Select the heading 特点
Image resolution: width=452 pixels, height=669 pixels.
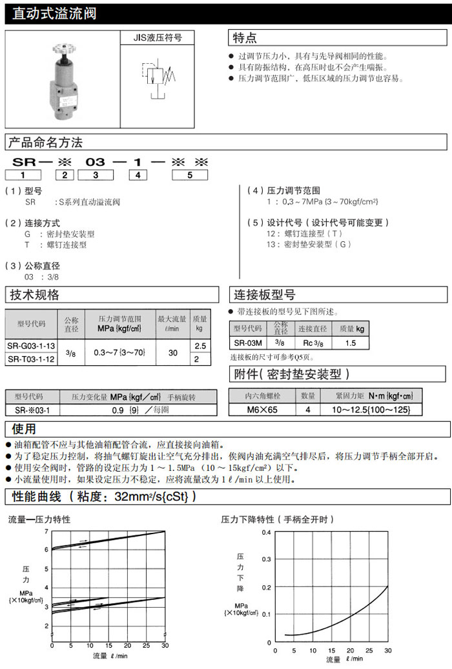point(245,37)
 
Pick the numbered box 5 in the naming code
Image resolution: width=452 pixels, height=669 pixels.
point(189,175)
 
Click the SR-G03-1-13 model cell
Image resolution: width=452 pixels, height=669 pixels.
point(32,346)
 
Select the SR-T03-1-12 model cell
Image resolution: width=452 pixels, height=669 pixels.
point(32,359)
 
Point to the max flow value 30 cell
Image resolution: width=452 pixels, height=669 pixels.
point(172,353)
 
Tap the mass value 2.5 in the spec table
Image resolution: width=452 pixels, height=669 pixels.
point(200,346)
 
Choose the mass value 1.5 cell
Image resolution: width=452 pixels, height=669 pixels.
point(351,343)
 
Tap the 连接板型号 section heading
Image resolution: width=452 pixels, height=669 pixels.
point(265,295)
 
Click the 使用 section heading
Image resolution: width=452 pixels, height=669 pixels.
point(23,429)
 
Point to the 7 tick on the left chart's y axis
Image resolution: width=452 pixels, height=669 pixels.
point(46,531)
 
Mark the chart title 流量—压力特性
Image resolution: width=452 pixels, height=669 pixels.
point(39,519)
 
